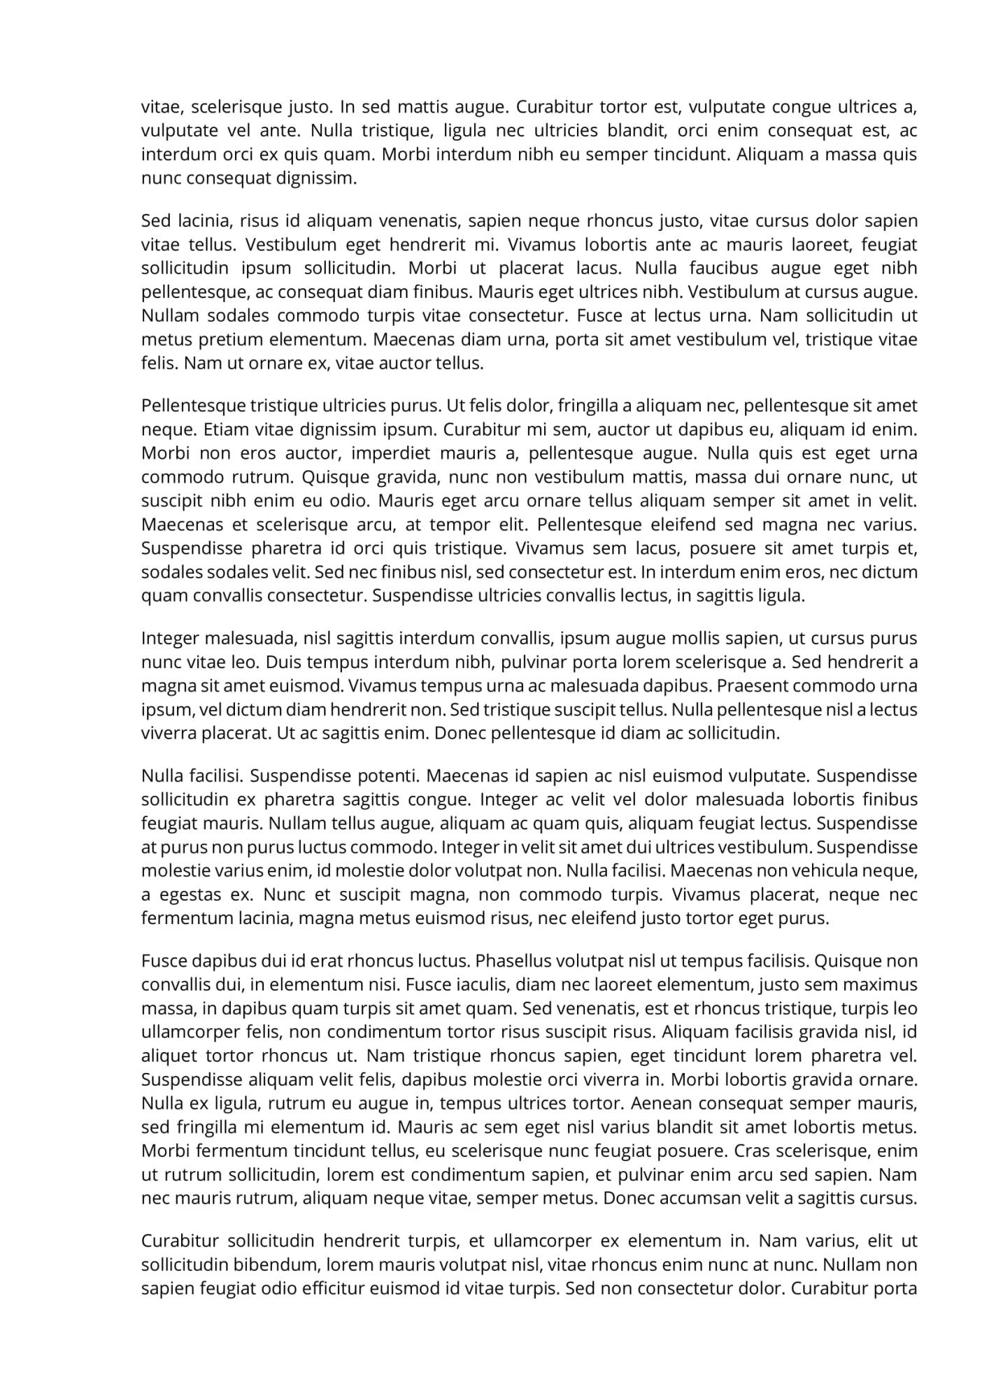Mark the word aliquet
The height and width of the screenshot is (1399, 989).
click(169, 1056)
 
